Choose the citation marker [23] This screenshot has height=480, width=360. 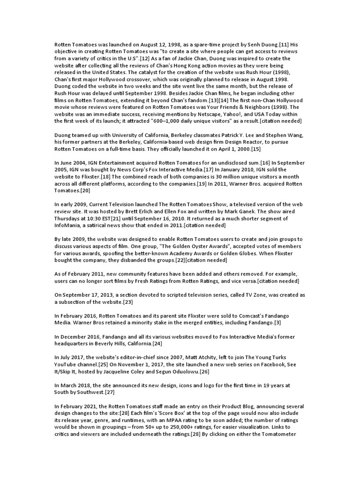[127, 302]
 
